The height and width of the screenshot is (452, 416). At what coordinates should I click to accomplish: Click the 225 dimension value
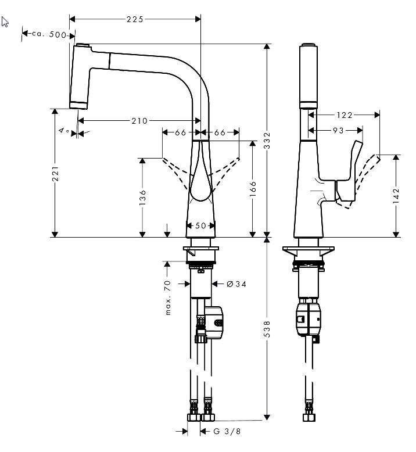click(x=135, y=19)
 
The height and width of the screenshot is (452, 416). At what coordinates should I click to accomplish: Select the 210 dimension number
click(x=139, y=121)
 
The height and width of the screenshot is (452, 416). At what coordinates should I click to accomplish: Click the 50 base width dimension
click(x=200, y=225)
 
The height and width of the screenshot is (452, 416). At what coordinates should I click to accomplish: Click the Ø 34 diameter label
click(x=236, y=284)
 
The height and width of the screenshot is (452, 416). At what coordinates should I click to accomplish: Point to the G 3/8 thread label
click(x=224, y=431)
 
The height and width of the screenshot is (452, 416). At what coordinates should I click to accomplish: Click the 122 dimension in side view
click(x=345, y=115)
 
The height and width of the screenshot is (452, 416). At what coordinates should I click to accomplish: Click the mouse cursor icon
click(x=6, y=23)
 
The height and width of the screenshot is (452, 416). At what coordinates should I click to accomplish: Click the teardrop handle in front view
click(x=200, y=180)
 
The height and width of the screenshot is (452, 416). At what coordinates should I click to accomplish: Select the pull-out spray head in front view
click(x=81, y=76)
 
